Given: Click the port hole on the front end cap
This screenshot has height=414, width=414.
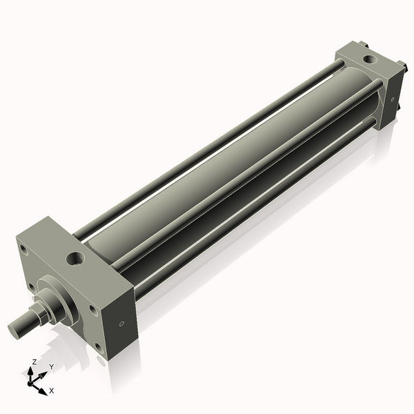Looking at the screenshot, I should pyautogui.click(x=75, y=259).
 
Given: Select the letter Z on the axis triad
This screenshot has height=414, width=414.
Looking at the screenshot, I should pyautogui.click(x=34, y=362).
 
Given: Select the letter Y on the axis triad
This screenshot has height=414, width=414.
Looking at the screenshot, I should pyautogui.click(x=51, y=366).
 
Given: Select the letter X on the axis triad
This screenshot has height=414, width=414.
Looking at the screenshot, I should pyautogui.click(x=52, y=391).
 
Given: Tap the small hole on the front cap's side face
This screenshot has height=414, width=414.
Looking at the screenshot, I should pyautogui.click(x=122, y=323).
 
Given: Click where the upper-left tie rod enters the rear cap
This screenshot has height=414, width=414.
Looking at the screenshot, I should pyautogui.click(x=341, y=64).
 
